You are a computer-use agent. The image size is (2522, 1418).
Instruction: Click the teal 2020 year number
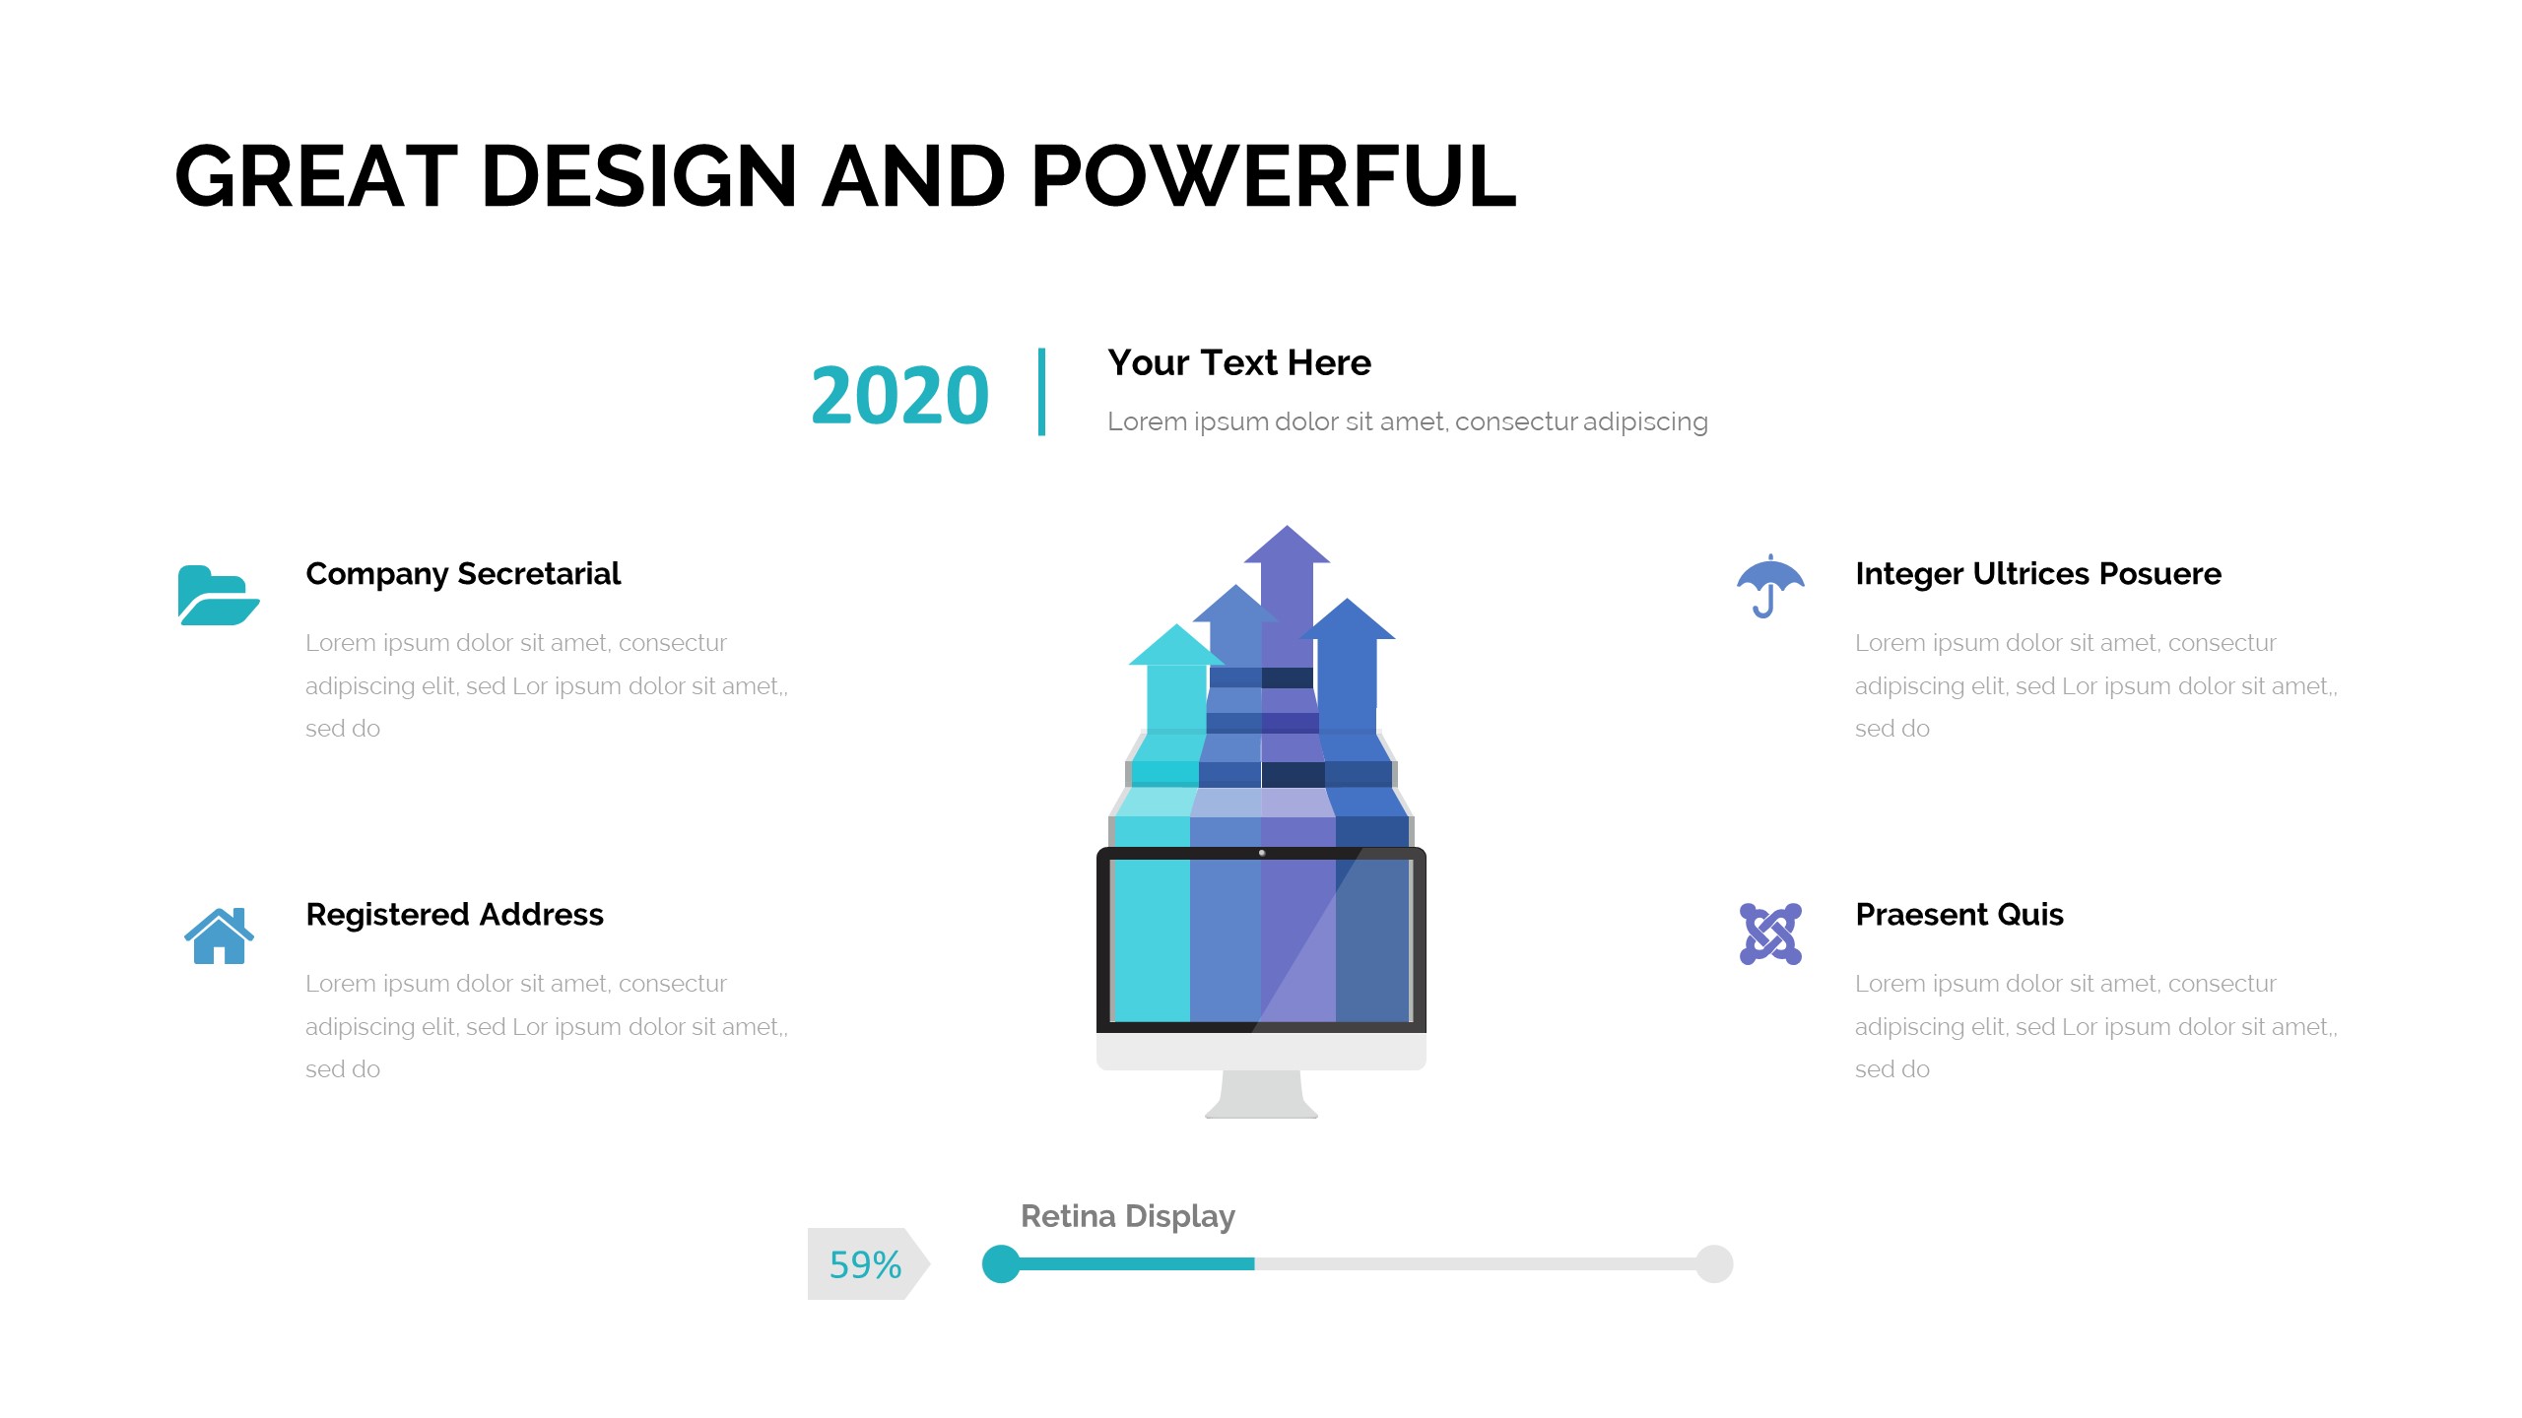point(899,395)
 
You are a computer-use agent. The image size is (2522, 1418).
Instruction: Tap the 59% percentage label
point(865,1264)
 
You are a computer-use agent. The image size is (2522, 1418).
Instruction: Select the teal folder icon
point(219,595)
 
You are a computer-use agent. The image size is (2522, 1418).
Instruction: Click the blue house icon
point(219,935)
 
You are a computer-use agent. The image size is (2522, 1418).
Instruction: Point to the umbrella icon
point(1770,586)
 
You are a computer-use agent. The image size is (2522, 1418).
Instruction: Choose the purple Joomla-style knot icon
point(1770,934)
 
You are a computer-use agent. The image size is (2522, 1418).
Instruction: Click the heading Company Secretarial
point(463,574)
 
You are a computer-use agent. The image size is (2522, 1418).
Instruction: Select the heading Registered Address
point(454,915)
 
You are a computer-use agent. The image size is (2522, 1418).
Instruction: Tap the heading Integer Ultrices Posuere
point(2038,574)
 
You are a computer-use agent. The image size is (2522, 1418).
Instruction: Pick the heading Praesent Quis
point(1959,915)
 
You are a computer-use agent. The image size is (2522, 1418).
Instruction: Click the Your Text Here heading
point(1239,363)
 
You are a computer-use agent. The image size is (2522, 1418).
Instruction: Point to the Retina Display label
point(1128,1217)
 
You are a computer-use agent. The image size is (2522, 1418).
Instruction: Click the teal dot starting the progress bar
point(1001,1264)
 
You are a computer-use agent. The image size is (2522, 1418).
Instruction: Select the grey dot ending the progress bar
point(1714,1264)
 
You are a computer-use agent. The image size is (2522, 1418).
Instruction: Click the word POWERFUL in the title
point(1274,176)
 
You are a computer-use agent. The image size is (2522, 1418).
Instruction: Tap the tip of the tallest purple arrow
point(1287,526)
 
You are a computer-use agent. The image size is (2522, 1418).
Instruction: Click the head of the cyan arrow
point(1175,645)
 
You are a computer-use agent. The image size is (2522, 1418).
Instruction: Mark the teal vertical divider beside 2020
point(1041,392)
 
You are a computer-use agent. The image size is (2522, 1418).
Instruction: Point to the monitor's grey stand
point(1261,1094)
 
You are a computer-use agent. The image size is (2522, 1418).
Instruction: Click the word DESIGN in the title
point(639,176)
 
